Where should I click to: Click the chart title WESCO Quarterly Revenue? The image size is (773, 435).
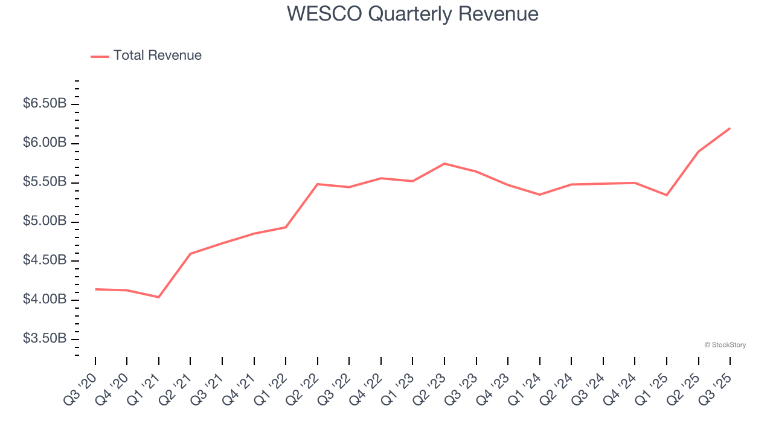pyautogui.click(x=412, y=13)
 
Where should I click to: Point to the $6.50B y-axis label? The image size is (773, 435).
pyautogui.click(x=45, y=104)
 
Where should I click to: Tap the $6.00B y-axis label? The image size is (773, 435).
pyautogui.click(x=45, y=143)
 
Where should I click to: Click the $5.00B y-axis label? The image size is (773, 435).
pyautogui.click(x=45, y=221)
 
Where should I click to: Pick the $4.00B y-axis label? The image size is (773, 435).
pyautogui.click(x=45, y=300)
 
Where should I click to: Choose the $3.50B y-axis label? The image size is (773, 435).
pyautogui.click(x=45, y=338)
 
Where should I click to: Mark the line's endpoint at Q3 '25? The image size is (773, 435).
pyautogui.click(x=730, y=128)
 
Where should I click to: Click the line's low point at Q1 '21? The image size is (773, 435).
pyautogui.click(x=159, y=297)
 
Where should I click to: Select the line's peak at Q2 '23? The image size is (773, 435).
pyautogui.click(x=444, y=164)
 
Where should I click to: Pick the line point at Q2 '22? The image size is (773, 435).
pyautogui.click(x=318, y=184)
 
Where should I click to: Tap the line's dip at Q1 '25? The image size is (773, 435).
pyautogui.click(x=667, y=195)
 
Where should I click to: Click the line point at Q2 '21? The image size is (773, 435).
pyautogui.click(x=190, y=254)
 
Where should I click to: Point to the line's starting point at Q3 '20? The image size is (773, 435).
pyautogui.click(x=95, y=289)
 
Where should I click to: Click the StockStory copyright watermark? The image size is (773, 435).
pyautogui.click(x=725, y=345)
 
